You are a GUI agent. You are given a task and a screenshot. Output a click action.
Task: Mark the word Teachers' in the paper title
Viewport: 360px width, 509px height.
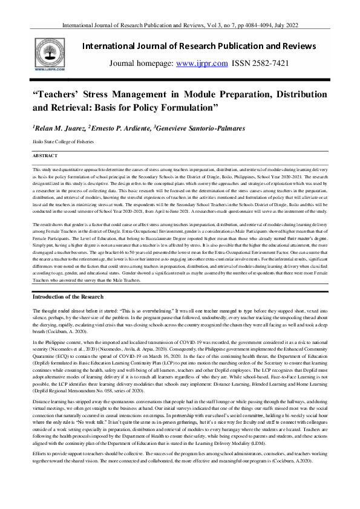pyautogui.click(x=62, y=96)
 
